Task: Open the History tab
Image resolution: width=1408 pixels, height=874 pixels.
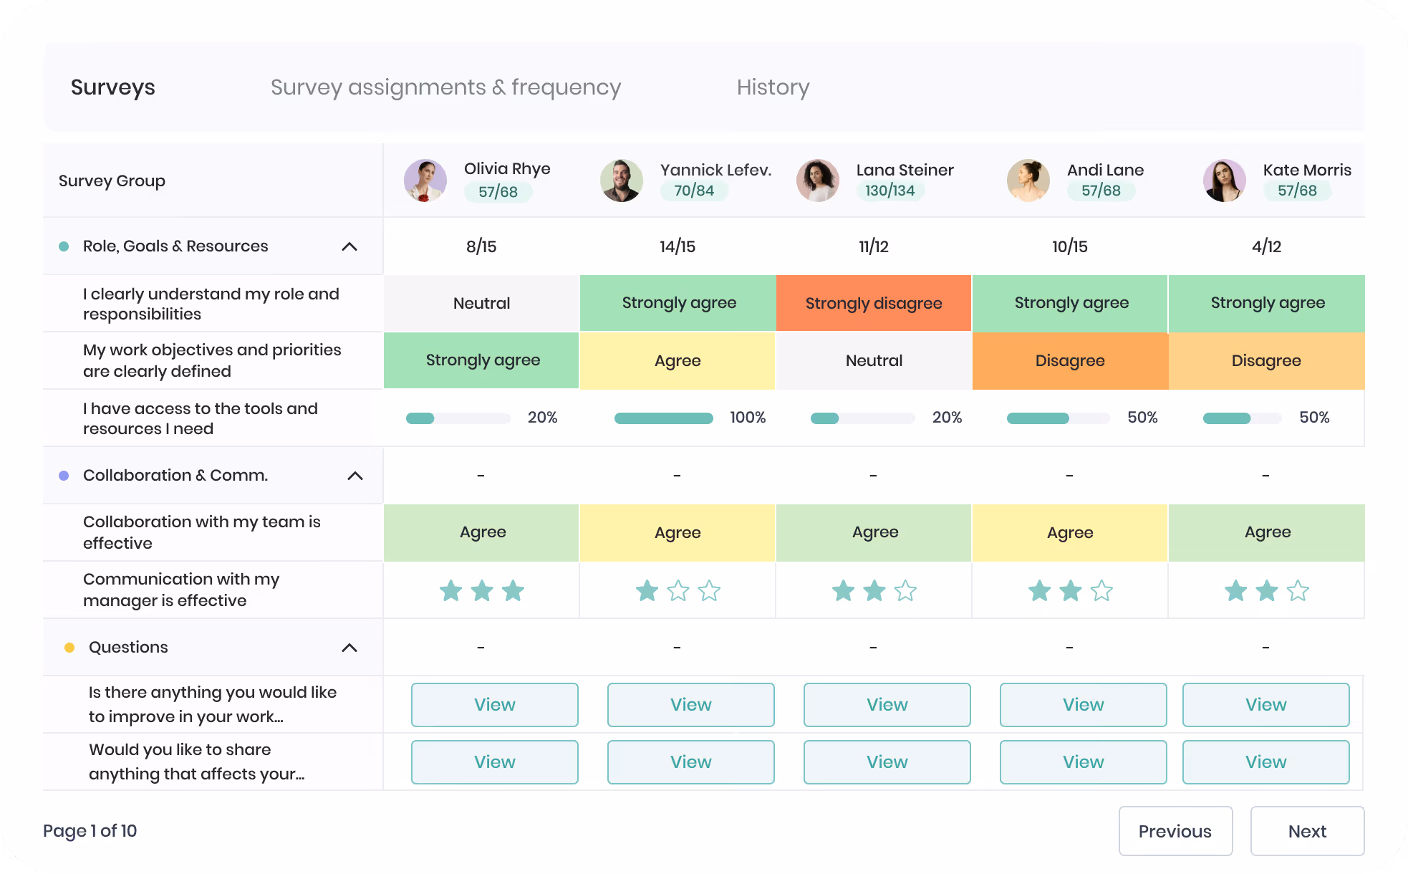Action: pyautogui.click(x=773, y=87)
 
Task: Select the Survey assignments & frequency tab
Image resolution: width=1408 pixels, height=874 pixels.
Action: pyautogui.click(x=445, y=87)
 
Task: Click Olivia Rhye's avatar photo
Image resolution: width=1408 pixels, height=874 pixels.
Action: pyautogui.click(x=425, y=181)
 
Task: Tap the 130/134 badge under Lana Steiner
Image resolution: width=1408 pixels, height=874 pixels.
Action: pyautogui.click(x=889, y=191)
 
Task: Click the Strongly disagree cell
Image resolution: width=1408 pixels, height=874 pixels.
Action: pyautogui.click(x=874, y=303)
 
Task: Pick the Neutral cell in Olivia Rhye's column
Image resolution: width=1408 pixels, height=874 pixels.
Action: pyautogui.click(x=481, y=303)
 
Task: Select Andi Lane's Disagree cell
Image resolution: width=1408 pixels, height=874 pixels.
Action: pyautogui.click(x=1070, y=360)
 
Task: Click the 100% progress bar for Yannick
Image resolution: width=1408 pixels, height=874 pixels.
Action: pyautogui.click(x=663, y=418)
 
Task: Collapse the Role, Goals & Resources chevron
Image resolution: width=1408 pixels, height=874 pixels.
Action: pyautogui.click(x=349, y=246)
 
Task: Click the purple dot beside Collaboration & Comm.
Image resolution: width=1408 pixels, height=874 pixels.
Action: pyautogui.click(x=64, y=476)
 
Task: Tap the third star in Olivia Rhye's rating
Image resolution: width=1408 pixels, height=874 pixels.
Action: pyautogui.click(x=513, y=591)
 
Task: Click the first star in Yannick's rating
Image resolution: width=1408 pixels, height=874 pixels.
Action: pyautogui.click(x=647, y=591)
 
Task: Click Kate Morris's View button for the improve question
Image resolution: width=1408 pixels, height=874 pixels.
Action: pyautogui.click(x=1265, y=705)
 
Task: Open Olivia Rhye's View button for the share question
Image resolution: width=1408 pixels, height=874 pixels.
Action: pyautogui.click(x=494, y=762)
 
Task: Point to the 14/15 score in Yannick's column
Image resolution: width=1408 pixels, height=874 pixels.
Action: pyautogui.click(x=678, y=246)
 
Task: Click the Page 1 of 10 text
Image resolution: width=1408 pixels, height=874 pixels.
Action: pyautogui.click(x=90, y=831)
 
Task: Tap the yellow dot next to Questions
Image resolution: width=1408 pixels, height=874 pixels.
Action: pyautogui.click(x=69, y=648)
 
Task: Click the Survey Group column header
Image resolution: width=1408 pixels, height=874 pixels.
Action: pyautogui.click(x=112, y=181)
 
